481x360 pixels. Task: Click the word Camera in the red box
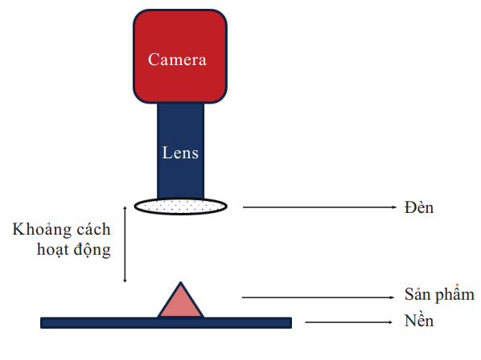(177, 59)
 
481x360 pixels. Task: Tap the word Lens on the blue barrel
(180, 153)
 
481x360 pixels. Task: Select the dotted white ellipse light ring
(181, 207)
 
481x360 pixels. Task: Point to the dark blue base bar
(166, 323)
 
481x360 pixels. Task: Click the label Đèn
(419, 207)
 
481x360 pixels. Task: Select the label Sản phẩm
(439, 295)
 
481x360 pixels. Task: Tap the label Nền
(419, 321)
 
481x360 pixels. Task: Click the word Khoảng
(42, 230)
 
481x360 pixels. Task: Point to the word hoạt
(52, 250)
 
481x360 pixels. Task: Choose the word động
(92, 250)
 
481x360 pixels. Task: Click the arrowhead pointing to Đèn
(394, 207)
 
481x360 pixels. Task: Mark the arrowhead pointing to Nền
(390, 322)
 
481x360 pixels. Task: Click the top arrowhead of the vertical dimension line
(125, 208)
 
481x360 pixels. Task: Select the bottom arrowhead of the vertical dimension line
(125, 280)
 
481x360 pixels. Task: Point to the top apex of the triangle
(181, 282)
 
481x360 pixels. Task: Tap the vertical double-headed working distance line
(125, 244)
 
